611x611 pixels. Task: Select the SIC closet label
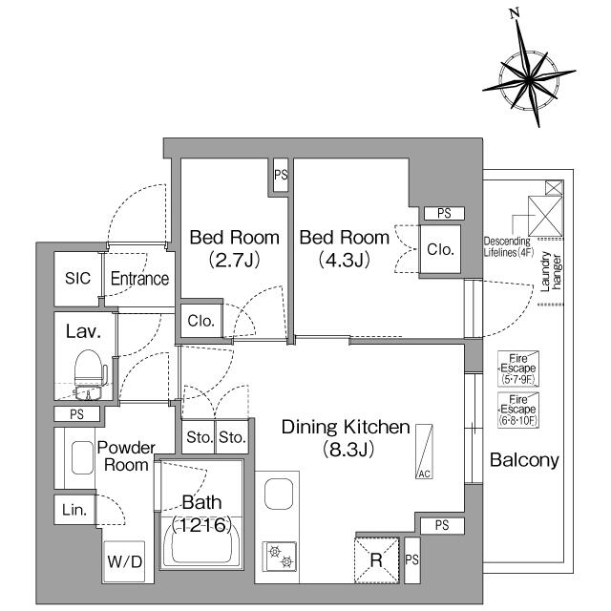coord(77,278)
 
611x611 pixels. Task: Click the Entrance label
coord(139,279)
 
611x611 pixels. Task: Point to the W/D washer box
coord(124,561)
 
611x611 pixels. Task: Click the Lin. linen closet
coord(74,509)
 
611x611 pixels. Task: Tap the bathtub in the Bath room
coord(201,541)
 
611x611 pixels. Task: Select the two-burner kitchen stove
coord(280,557)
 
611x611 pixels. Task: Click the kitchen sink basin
coord(279,494)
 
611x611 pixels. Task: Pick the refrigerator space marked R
coord(376,560)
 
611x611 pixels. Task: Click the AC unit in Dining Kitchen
coord(424,452)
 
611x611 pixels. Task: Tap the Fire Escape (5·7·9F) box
coord(518,369)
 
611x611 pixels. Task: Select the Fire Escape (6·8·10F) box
coord(518,410)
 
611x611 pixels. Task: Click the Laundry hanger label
coord(551,271)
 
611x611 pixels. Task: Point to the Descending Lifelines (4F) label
coord(508,246)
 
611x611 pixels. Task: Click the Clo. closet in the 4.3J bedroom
coord(440,249)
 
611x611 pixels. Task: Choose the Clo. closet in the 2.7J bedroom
coord(201,321)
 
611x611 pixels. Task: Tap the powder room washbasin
coord(83,457)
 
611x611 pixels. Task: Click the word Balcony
coord(524,460)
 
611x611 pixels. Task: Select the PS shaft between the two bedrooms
coord(281,175)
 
